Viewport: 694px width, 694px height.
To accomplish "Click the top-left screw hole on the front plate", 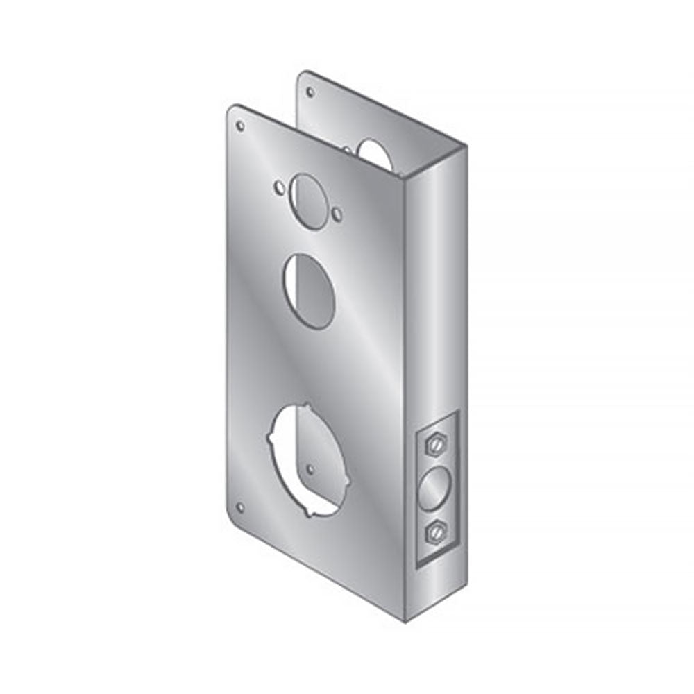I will tap(240, 126).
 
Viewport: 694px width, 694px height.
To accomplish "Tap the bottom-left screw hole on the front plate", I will tap(240, 507).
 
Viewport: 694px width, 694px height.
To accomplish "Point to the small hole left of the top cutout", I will tap(279, 187).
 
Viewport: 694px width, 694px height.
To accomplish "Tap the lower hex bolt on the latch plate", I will tap(436, 531).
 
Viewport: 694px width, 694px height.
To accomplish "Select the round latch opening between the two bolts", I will tap(436, 488).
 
